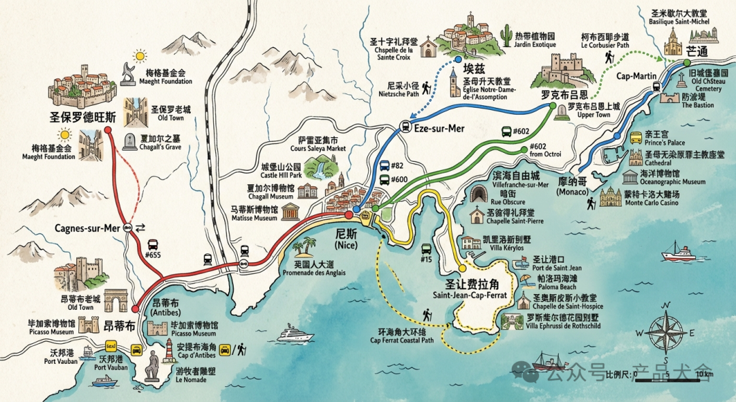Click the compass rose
[666, 332]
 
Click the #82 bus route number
[398, 166]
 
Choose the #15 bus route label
[427, 260]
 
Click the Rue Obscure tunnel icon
[477, 196]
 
